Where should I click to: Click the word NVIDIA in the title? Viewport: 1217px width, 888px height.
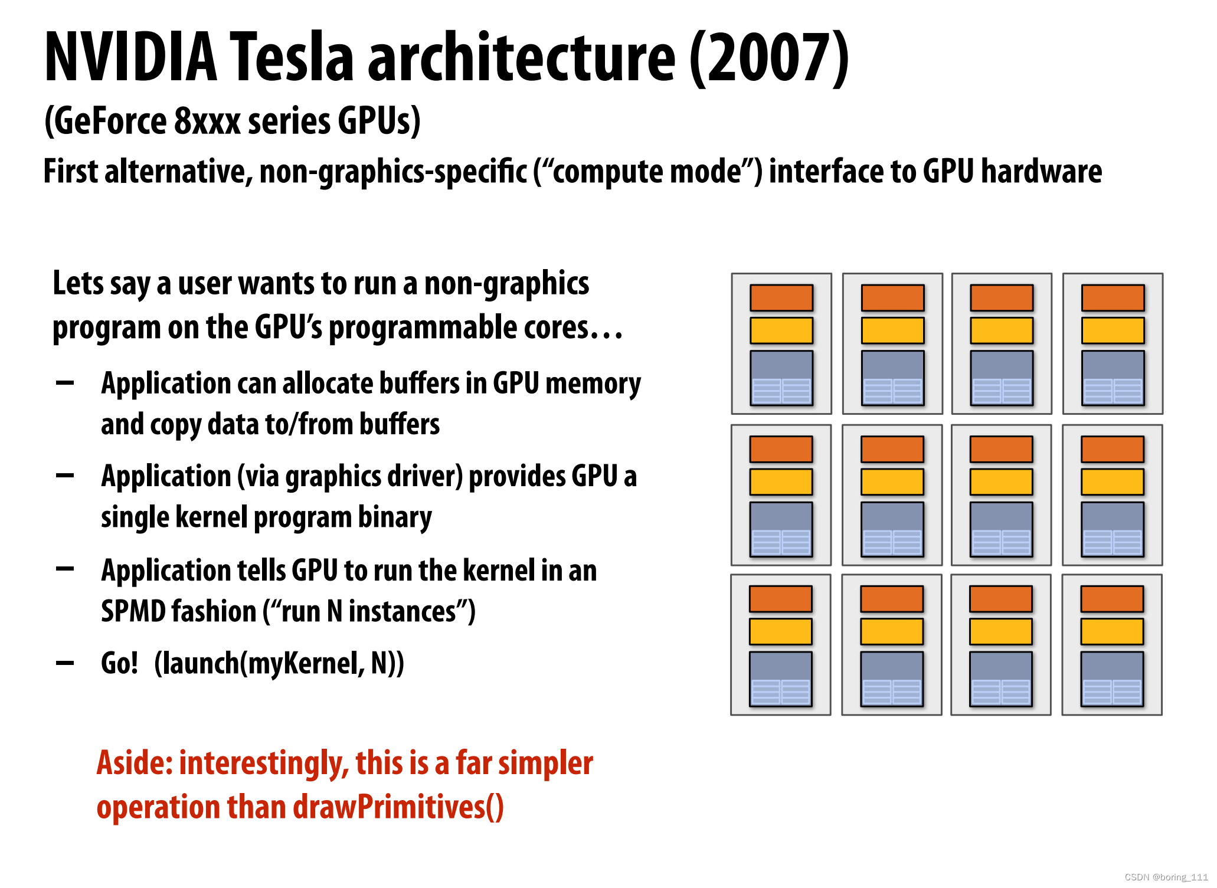(131, 57)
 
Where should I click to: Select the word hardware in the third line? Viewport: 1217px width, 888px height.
(1041, 171)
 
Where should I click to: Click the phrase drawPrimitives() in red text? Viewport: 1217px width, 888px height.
(398, 807)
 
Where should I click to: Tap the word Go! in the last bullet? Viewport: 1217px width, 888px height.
(120, 663)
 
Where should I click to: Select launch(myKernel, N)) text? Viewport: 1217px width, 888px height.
(279, 664)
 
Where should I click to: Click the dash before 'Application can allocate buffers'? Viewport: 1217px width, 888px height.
(65, 383)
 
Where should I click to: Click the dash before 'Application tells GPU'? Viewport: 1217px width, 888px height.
(65, 569)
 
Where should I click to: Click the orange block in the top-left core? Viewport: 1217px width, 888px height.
(781, 298)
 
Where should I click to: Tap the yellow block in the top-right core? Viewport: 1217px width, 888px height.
(1113, 330)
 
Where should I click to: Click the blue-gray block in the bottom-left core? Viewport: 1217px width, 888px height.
(781, 679)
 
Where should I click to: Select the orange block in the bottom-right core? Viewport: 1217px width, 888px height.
(1113, 599)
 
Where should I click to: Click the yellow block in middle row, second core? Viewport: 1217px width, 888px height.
(892, 482)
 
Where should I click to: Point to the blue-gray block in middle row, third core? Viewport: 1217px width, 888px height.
(1002, 529)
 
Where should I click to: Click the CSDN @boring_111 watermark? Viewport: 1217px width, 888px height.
(1166, 877)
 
